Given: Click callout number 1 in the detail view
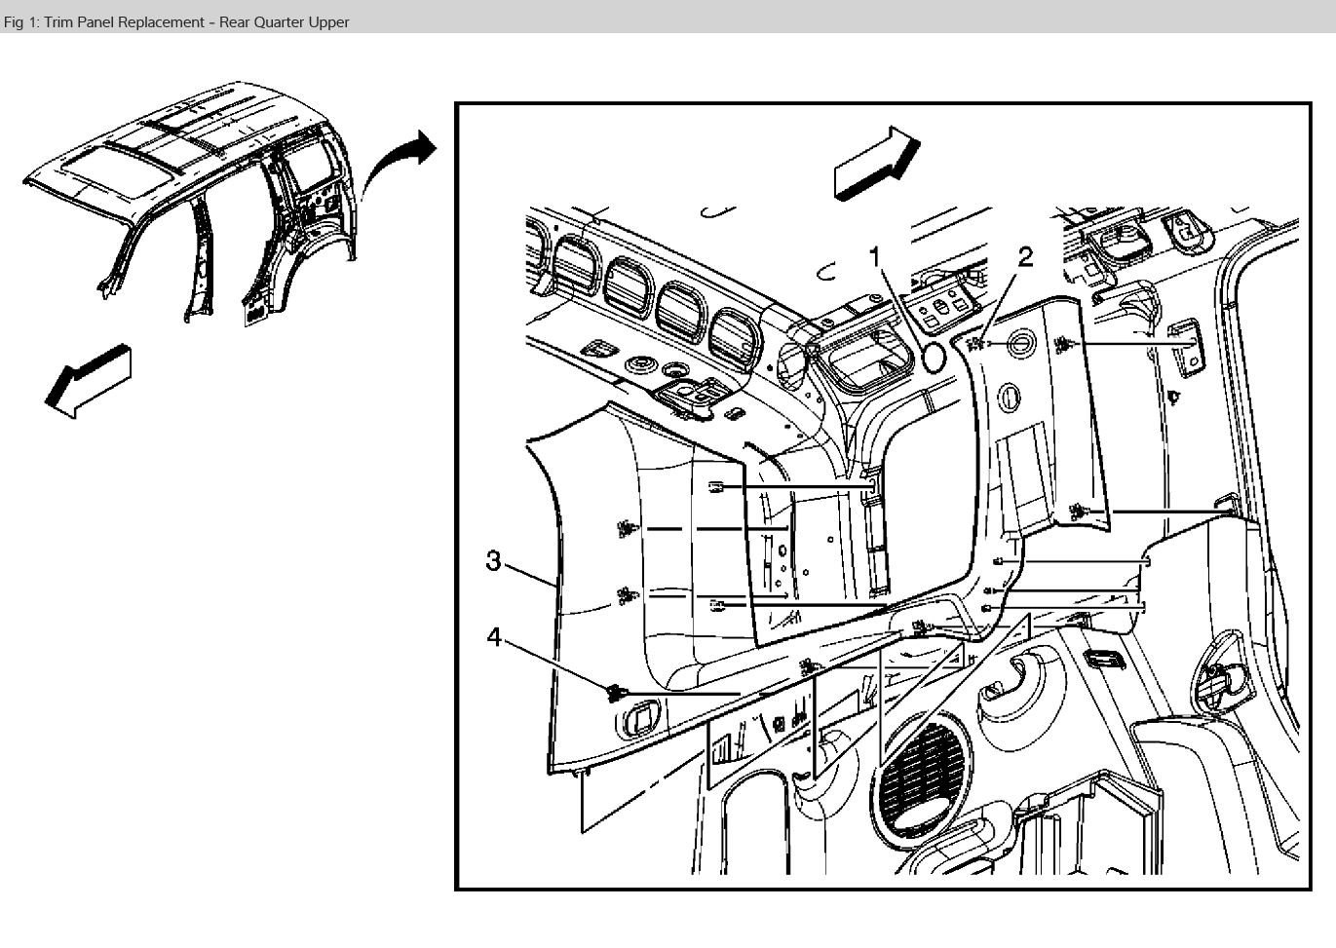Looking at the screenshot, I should tap(875, 256).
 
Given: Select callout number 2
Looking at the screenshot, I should tap(1024, 257).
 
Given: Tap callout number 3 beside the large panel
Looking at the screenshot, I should tap(494, 561).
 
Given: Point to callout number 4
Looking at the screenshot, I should tap(494, 636).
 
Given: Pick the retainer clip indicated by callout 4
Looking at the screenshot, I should tap(613, 693).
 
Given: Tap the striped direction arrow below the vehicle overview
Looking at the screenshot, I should tap(89, 381).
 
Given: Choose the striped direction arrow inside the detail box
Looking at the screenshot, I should tap(876, 163).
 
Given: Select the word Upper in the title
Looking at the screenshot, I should tap(327, 21).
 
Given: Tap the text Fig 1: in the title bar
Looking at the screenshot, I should tap(21, 21).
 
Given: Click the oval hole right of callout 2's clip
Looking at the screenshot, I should tap(1018, 344).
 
